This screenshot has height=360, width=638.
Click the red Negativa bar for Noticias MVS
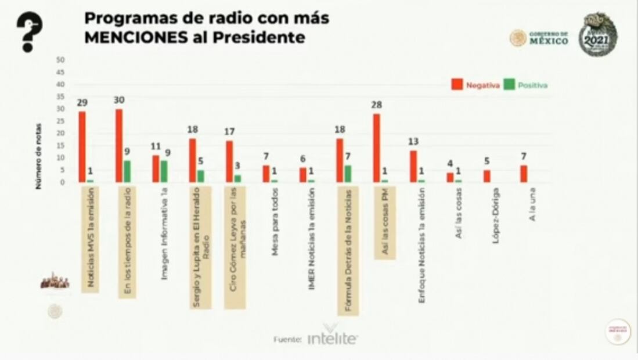click(x=82, y=146)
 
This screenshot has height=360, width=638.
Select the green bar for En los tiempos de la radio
click(x=127, y=171)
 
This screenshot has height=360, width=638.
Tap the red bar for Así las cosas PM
click(x=377, y=147)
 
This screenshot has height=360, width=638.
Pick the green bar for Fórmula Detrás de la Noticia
click(x=348, y=174)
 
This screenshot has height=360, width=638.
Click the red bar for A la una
click(x=524, y=174)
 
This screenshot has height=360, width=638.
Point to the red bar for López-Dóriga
click(x=486, y=176)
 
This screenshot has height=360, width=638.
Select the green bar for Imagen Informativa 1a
click(x=164, y=171)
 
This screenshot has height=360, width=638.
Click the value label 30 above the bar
click(x=119, y=100)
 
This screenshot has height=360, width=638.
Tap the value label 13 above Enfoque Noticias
click(x=413, y=142)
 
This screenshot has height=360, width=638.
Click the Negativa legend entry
click(x=475, y=85)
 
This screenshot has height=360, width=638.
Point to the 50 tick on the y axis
click(x=60, y=60)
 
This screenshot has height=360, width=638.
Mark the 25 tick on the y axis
click(x=60, y=121)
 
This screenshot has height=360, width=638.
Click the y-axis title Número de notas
click(x=39, y=156)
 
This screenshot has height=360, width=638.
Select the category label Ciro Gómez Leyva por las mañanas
click(x=235, y=247)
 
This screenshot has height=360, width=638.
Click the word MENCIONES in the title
click(x=130, y=38)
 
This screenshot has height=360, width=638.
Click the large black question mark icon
click(x=28, y=33)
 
